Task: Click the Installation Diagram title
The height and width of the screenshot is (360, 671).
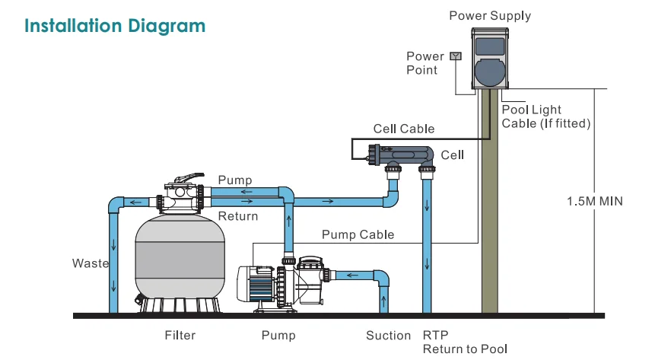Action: point(115,26)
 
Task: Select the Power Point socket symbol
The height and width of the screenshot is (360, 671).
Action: point(456,56)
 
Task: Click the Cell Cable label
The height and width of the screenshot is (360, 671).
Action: point(404,129)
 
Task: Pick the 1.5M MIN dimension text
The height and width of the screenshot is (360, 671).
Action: point(595,202)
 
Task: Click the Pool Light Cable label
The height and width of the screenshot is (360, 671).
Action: point(546,116)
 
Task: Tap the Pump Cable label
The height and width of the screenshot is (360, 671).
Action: point(358,234)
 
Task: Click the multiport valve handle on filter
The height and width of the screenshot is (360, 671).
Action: point(189,177)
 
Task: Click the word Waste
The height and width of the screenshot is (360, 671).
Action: point(91,263)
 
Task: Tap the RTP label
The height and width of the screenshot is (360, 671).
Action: point(436,335)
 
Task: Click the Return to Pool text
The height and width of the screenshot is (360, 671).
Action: point(465,349)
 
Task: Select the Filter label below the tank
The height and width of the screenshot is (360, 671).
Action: point(180,335)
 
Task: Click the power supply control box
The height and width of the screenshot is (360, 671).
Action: point(491,58)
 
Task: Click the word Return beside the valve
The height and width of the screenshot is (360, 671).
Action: point(238,216)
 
